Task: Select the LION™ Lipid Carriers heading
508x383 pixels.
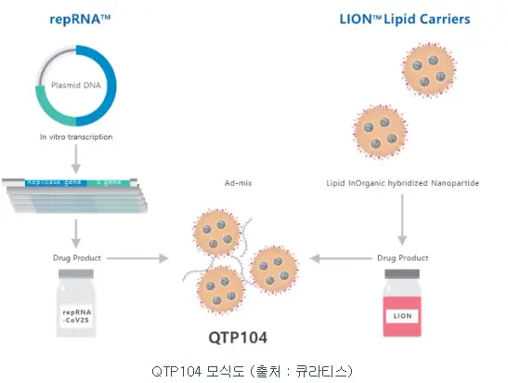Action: pyautogui.click(x=405, y=19)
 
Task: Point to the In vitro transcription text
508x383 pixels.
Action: pyautogui.click(x=76, y=137)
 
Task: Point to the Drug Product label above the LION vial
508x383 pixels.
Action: pyautogui.click(x=402, y=258)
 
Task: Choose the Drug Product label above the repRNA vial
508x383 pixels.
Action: pyautogui.click(x=77, y=258)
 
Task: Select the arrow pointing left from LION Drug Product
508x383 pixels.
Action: pyautogui.click(x=339, y=258)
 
